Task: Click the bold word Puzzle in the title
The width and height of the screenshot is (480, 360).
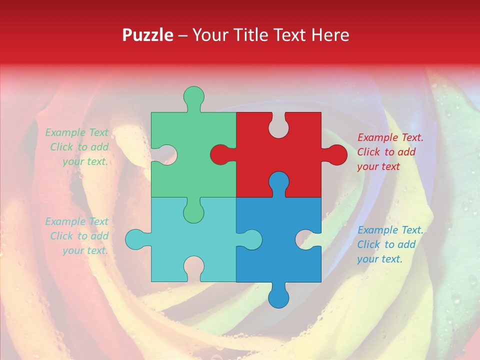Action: click(147, 35)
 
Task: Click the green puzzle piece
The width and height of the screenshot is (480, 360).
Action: click(200, 135)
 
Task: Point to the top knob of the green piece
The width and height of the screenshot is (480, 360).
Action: click(193, 96)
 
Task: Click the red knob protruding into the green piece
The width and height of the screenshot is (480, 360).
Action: click(220, 154)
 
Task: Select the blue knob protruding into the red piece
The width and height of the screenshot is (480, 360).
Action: click(278, 181)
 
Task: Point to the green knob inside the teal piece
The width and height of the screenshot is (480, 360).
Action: click(193, 212)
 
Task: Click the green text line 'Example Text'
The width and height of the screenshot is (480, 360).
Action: click(76, 132)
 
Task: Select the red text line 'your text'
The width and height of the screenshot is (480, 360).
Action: click(378, 166)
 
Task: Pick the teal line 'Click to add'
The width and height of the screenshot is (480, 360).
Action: click(79, 236)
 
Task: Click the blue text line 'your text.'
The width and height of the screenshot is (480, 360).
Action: click(379, 259)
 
